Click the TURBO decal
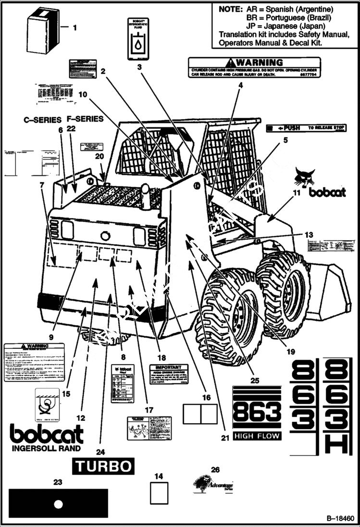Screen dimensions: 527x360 point(103,466)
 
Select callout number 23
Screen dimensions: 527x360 point(58,482)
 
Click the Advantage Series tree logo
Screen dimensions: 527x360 point(203,482)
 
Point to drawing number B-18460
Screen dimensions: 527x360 point(340,519)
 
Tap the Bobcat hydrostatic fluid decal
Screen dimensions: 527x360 point(138,39)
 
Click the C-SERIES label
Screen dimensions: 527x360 point(43,120)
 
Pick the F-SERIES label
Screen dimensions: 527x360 point(85,119)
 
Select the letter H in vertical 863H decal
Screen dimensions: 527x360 point(337,442)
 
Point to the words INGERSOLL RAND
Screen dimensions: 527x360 point(46,449)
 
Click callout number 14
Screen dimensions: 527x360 point(159,476)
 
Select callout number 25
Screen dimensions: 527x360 point(255,380)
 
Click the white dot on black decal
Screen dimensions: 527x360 point(58,504)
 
